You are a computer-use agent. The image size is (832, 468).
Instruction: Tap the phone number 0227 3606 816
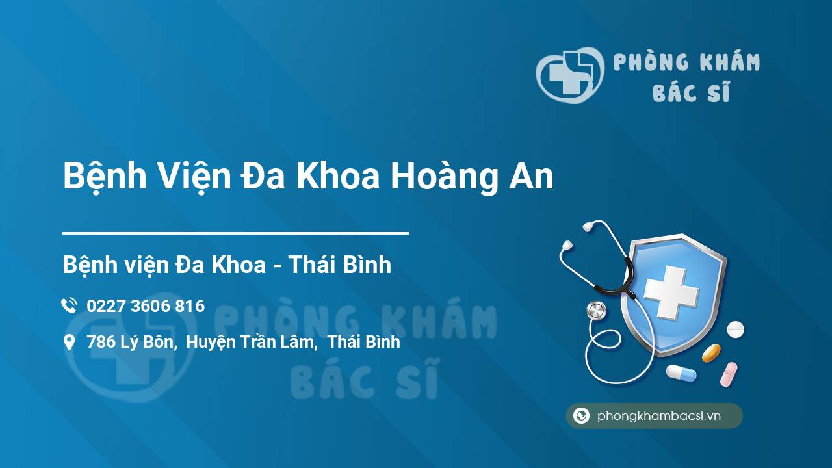pyautogui.click(x=146, y=305)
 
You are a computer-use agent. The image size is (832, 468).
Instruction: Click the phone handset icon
pyautogui.click(x=69, y=305)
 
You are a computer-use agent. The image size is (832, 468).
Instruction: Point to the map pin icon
pyautogui.click(x=69, y=343)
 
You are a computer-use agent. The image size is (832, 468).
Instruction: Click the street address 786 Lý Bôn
pyautogui.click(x=131, y=342)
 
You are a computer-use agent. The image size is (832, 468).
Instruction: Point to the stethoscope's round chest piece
pyautogui.click(x=596, y=311)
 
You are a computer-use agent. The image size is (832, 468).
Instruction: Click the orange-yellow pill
pyautogui.click(x=711, y=353)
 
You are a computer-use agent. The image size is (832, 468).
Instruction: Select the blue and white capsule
pyautogui.click(x=681, y=373)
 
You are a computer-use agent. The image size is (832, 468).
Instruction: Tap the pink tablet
pyautogui.click(x=729, y=374)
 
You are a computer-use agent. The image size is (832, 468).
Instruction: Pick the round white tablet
pyautogui.click(x=735, y=329)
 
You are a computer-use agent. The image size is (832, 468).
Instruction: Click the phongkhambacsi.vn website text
pyautogui.click(x=659, y=417)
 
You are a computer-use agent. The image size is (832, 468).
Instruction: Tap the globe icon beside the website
pyautogui.click(x=581, y=416)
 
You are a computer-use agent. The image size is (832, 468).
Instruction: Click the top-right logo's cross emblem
pyautogui.click(x=567, y=75)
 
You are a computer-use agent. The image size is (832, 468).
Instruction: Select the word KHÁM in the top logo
pyautogui.click(x=727, y=62)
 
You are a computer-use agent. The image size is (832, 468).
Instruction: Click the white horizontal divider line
pyautogui.click(x=235, y=233)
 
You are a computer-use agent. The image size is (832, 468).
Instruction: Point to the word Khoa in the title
pyautogui.click(x=338, y=177)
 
